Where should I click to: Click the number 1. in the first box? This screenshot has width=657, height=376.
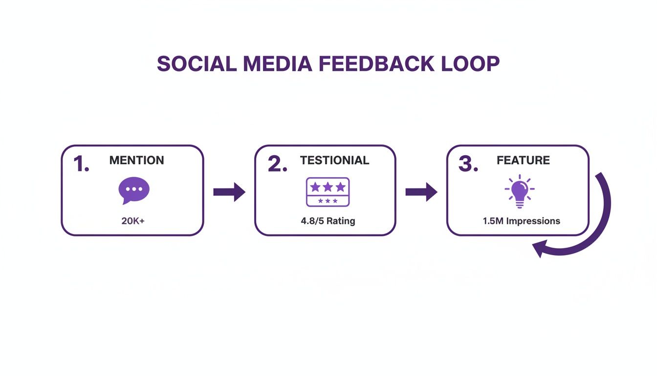tap(81, 164)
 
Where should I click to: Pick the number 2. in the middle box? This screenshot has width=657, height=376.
tap(277, 164)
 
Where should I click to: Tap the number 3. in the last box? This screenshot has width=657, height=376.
tap(468, 164)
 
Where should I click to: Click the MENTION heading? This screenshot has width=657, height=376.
tap(136, 160)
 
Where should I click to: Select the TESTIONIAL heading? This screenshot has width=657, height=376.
tap(334, 160)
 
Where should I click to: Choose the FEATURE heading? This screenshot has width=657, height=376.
tap(523, 160)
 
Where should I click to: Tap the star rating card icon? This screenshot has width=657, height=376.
tap(328, 191)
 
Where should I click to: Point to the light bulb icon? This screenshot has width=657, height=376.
tap(519, 191)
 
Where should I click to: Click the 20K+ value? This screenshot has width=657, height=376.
tap(133, 221)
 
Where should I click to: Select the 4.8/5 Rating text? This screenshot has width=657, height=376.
tap(328, 221)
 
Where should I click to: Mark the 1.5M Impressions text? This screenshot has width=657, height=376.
tap(521, 221)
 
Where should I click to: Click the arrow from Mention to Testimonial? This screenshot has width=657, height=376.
tap(229, 192)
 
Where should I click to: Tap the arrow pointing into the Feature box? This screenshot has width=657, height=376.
tap(421, 192)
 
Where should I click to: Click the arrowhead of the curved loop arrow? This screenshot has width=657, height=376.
tap(539, 248)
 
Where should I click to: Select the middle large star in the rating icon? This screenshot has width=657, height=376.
tap(328, 187)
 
